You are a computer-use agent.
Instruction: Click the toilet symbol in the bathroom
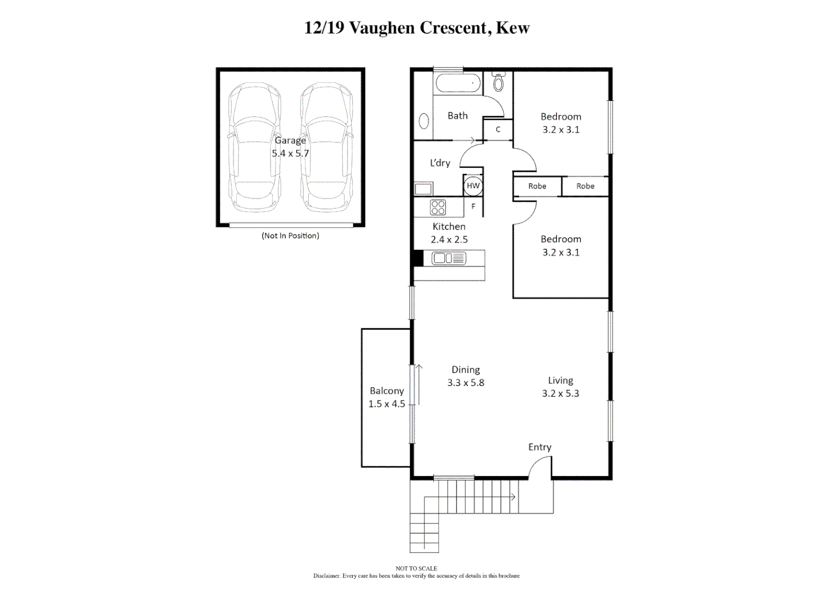[498, 82]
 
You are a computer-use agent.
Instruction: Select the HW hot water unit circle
[473, 185]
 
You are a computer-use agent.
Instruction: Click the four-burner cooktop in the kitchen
[438, 207]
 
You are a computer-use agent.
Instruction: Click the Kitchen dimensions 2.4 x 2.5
[449, 239]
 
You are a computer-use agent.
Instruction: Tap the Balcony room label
[387, 390]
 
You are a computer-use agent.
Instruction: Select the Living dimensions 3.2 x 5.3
[560, 393]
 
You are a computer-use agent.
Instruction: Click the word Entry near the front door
[540, 447]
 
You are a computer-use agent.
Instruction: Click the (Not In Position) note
[290, 236]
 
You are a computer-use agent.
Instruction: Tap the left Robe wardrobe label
[537, 186]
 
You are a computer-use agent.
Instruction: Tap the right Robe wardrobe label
[585, 186]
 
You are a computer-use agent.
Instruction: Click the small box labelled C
[498, 130]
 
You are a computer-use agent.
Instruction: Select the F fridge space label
[473, 207]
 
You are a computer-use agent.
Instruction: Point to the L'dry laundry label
[440, 163]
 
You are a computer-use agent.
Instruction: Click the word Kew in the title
[512, 28]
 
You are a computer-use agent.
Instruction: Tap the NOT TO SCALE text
[416, 568]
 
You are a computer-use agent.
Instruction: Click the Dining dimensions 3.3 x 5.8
[465, 383]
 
